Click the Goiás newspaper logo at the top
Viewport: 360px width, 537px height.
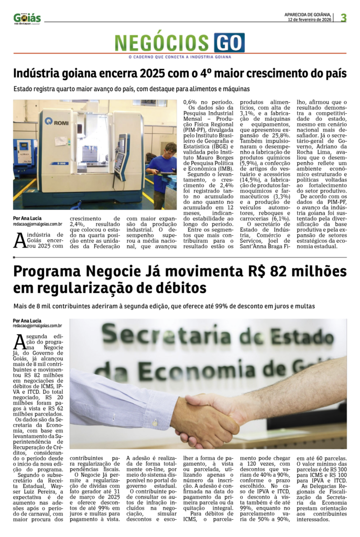coord(27,18)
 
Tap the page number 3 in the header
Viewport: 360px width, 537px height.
coord(344,18)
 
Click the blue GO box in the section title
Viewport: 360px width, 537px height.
coord(229,42)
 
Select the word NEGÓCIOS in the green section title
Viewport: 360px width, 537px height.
coord(163,43)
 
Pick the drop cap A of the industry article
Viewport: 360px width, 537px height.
coord(19,240)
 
